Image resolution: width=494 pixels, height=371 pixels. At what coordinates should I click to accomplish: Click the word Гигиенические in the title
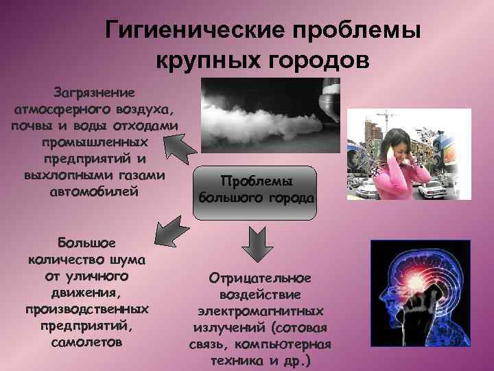(x=196, y=30)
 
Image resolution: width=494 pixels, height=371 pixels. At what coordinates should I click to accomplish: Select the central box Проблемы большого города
(x=256, y=189)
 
